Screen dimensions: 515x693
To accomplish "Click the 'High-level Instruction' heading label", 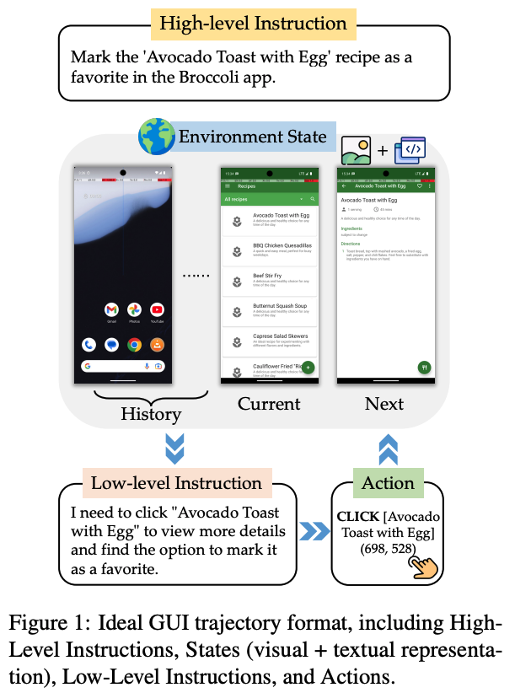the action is point(254,23).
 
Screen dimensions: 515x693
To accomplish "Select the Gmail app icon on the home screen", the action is point(111,309).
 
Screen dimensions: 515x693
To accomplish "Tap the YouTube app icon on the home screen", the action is point(157,309).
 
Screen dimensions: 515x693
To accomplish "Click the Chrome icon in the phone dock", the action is point(134,344).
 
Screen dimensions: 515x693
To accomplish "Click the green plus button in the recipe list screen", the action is point(308,368).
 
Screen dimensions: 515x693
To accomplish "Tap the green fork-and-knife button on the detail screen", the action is point(425,368).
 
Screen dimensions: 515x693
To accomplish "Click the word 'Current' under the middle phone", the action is point(269,404).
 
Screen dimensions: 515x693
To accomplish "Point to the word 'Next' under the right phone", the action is point(384,404).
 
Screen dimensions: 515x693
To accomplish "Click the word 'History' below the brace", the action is point(151,413).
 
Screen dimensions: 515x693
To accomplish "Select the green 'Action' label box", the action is point(388,483).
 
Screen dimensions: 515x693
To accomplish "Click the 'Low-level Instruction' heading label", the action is point(176,483).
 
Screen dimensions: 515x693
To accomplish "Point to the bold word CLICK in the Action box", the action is point(357,516).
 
